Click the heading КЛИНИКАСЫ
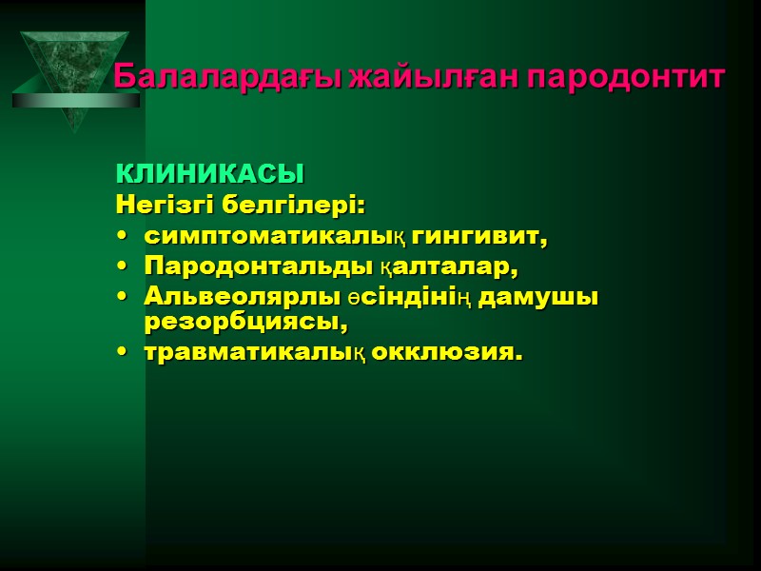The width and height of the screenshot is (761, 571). point(209,175)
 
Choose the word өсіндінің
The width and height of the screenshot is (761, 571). point(407,296)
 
